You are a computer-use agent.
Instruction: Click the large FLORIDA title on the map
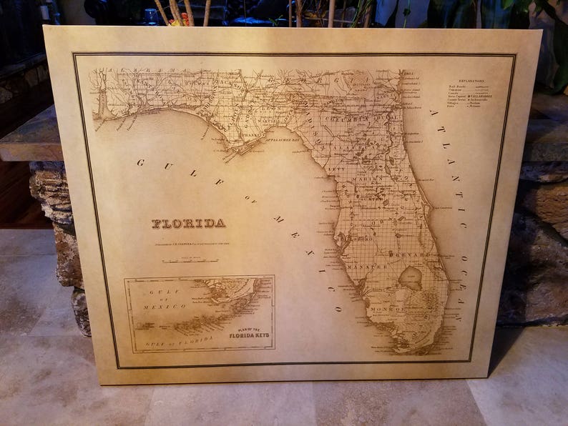188,224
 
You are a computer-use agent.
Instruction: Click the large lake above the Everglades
410,278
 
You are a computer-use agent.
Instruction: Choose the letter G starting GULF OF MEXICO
140,162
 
